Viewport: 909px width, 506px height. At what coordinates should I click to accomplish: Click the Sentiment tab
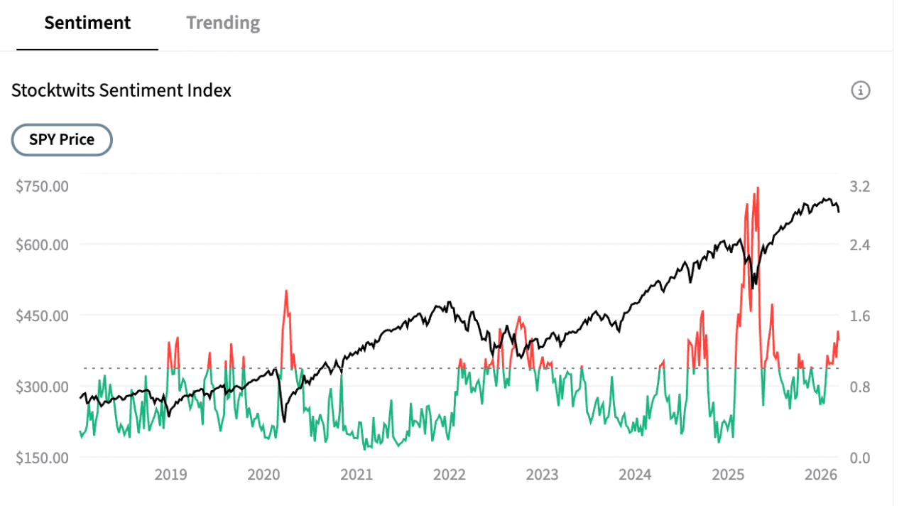click(x=87, y=23)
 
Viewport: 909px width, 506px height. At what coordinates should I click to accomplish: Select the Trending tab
click(x=223, y=23)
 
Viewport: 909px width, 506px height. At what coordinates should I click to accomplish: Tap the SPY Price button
click(x=62, y=140)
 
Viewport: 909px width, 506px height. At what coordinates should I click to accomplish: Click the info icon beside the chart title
click(x=860, y=90)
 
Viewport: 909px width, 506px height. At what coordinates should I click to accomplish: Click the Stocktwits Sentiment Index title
click(x=121, y=90)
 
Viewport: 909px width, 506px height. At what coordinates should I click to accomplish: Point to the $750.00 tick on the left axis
click(x=42, y=186)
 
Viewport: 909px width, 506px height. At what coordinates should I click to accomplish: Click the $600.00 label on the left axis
click(x=42, y=244)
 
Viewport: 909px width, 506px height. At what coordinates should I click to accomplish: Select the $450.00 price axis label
click(x=42, y=316)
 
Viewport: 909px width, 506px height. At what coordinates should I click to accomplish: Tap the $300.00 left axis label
click(x=42, y=387)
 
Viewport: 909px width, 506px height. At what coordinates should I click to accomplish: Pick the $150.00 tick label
click(x=42, y=458)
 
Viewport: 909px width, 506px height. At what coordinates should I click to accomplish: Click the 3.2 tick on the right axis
click(x=860, y=186)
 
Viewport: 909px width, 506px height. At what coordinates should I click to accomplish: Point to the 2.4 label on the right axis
click(x=860, y=244)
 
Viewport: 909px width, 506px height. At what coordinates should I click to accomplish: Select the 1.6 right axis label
click(x=860, y=316)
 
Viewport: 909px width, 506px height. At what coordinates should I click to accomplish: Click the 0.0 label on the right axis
click(x=860, y=458)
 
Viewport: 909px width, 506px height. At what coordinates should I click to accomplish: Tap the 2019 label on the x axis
click(x=170, y=475)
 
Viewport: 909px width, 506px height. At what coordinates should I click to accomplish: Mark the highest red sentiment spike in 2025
click(x=758, y=188)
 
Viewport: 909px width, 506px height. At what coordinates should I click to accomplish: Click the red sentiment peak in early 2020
click(x=285, y=291)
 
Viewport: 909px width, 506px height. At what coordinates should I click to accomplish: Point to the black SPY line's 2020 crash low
click(x=285, y=421)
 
